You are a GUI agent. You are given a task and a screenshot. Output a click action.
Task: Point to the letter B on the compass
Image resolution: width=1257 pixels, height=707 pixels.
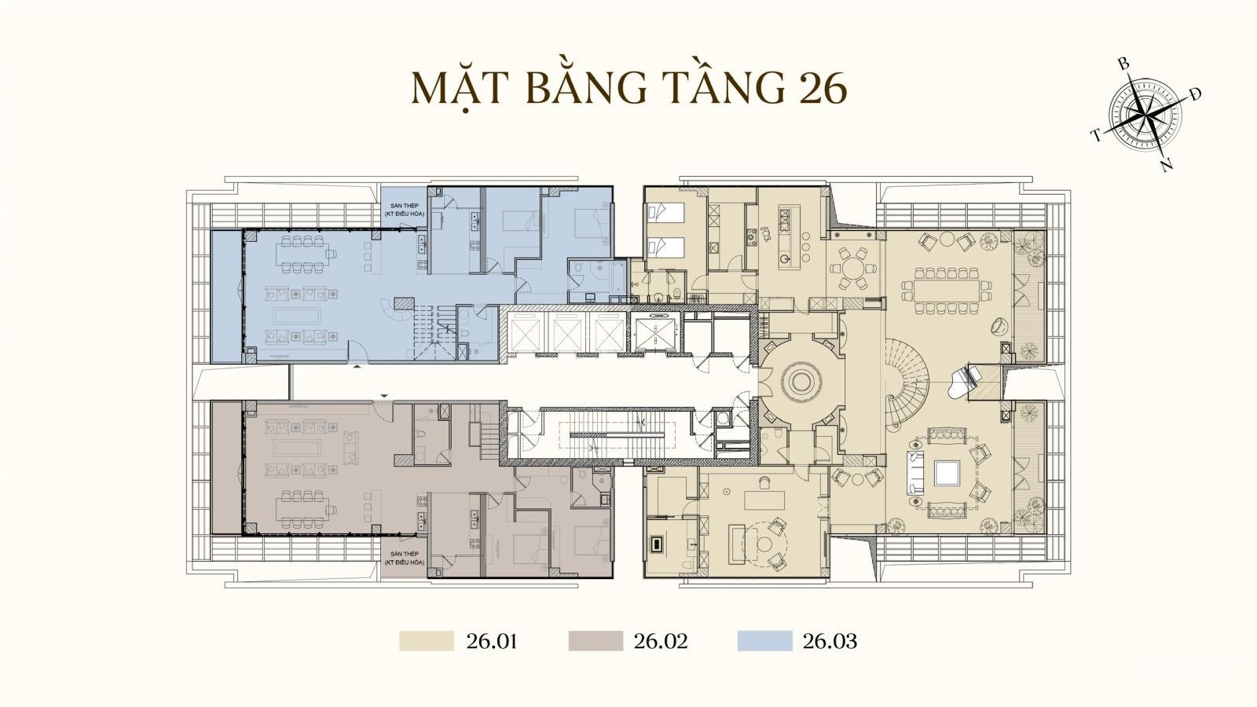coord(1123,64)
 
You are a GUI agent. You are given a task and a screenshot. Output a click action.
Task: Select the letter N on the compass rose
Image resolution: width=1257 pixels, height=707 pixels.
coord(1167,166)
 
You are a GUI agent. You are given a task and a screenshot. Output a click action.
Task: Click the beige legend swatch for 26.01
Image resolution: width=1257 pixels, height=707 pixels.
coord(427,641)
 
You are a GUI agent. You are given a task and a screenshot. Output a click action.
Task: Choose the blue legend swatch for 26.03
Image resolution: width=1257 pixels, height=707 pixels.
coord(765,641)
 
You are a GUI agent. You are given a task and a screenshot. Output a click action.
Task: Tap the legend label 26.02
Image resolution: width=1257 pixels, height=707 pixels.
coord(661,641)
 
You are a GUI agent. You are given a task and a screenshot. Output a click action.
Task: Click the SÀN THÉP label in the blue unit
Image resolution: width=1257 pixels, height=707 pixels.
coord(404,210)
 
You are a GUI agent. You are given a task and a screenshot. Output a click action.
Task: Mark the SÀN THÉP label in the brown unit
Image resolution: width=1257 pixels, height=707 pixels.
coord(404,558)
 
